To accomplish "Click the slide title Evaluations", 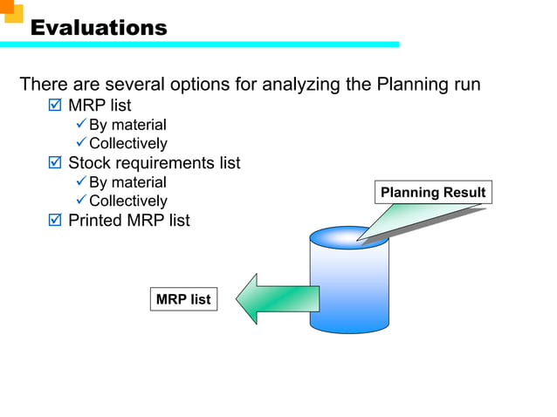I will click(99, 28).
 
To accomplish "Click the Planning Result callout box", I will click(433, 192).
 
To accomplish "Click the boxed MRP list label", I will click(183, 299).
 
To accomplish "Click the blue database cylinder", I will click(349, 284).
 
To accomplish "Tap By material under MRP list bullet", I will click(127, 125).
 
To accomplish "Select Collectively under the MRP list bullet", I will click(127, 143).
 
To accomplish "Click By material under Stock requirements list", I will click(127, 182).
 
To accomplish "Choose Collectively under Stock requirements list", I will click(127, 201).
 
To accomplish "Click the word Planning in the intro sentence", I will click(409, 85).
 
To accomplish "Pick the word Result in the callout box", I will click(464, 192).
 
